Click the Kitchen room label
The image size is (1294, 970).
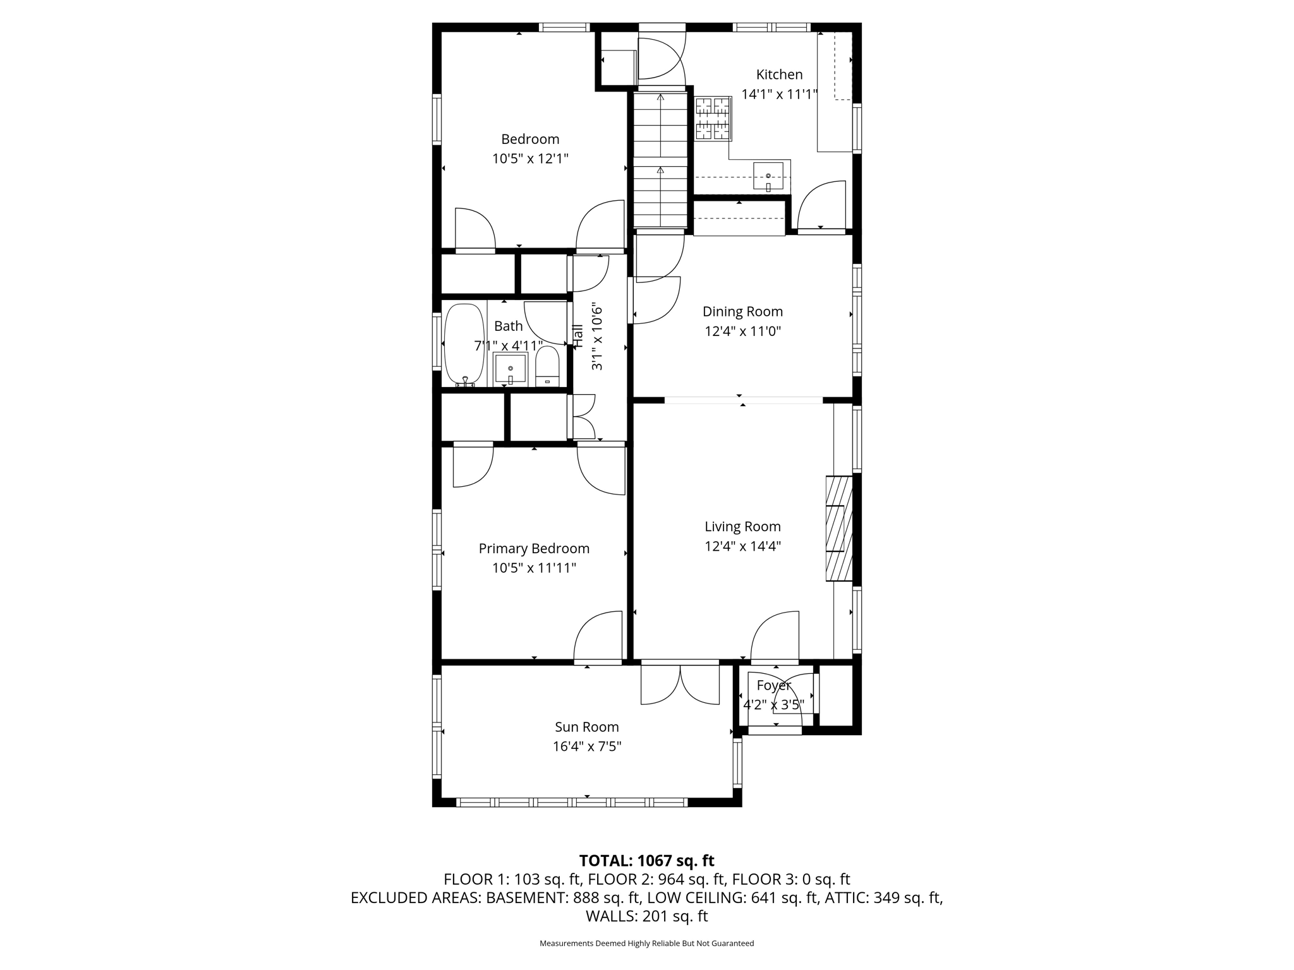click(x=779, y=75)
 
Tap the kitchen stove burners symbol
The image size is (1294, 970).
click(x=713, y=118)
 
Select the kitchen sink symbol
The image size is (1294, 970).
click(x=768, y=176)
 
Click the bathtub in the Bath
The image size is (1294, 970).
click(x=464, y=345)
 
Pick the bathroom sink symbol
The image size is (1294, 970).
click(x=510, y=369)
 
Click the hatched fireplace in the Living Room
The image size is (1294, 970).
click(x=838, y=528)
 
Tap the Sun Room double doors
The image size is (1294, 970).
click(x=680, y=685)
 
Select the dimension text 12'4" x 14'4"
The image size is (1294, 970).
click(x=742, y=546)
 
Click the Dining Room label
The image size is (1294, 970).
click(x=742, y=311)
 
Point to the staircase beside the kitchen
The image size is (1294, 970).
click(x=660, y=161)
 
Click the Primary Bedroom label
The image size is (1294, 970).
click(x=534, y=548)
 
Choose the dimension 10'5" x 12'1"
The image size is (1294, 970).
click(x=530, y=159)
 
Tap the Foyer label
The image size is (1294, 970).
click(x=773, y=685)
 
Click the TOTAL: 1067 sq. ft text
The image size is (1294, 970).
click(x=646, y=861)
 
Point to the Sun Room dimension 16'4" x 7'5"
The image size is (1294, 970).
click(x=587, y=746)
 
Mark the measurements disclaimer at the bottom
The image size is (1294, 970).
click(x=646, y=943)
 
